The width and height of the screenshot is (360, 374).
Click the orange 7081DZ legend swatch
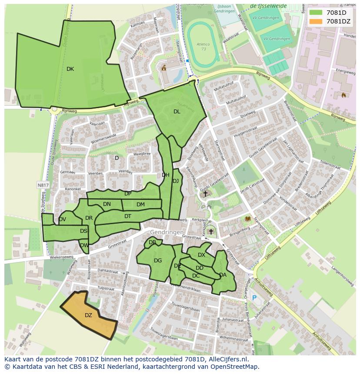317,21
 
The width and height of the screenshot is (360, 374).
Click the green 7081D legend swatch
317,13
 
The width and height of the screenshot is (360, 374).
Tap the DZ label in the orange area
88,315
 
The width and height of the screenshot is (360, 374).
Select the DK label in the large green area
70,69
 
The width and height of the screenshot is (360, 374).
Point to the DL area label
177,112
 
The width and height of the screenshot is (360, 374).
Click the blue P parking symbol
254,298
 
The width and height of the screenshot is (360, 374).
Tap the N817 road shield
43,185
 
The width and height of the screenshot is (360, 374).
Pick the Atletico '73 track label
203,46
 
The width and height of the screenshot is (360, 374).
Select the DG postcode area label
158,261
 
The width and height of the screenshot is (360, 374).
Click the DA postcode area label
223,275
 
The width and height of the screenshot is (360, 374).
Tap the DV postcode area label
62,219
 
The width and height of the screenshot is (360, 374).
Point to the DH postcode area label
166,175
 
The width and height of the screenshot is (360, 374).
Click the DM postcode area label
140,205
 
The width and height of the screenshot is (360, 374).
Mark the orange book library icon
248,219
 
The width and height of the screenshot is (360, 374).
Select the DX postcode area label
201,255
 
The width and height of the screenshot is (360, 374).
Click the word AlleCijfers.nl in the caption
227,359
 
